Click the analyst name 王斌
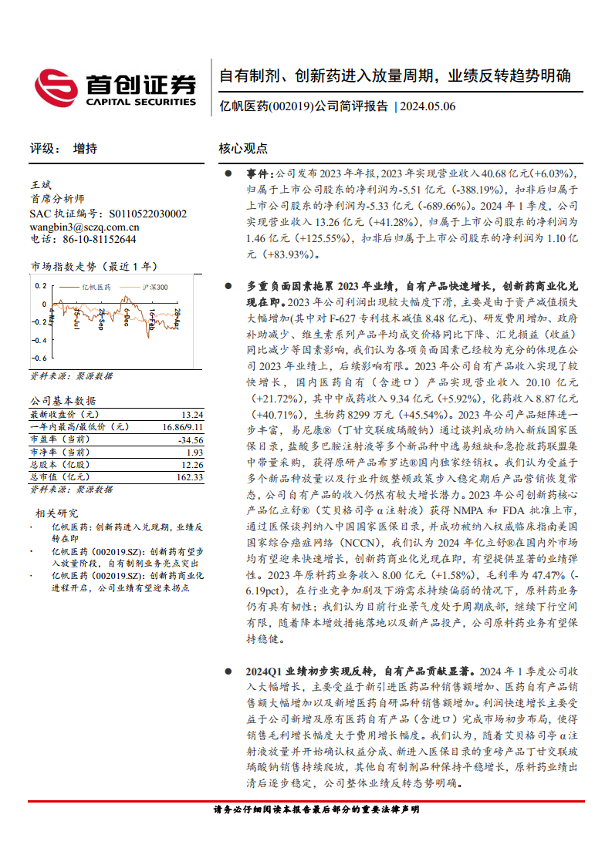(41, 186)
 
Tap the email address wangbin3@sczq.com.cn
(84, 227)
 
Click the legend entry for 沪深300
(155, 287)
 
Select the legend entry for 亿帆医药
(96, 287)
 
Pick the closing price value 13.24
(192, 414)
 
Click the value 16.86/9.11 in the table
(183, 426)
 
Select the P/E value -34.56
(189, 439)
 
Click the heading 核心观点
(243, 149)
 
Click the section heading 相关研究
(56, 513)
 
